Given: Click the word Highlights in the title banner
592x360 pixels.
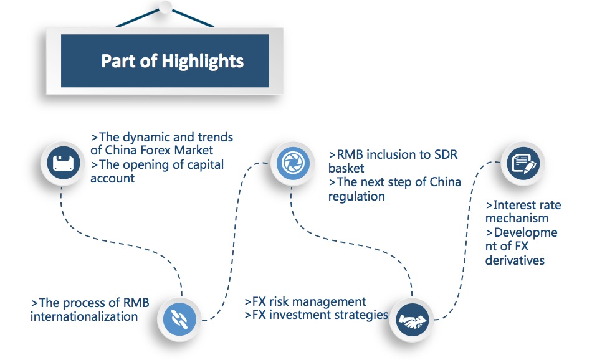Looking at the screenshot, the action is (203, 62).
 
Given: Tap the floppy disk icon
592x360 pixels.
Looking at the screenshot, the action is (64, 163).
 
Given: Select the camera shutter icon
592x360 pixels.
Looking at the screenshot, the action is (293, 163).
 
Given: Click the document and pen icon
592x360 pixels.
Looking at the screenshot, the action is (523, 163).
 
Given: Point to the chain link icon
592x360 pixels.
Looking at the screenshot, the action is (179, 319).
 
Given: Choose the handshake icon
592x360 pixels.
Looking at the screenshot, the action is (413, 321).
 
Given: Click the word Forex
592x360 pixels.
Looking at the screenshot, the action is (156, 150).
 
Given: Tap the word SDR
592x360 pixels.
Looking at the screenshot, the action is (446, 154).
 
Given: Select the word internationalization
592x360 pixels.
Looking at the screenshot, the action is (84, 316).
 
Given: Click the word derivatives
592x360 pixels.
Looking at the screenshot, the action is (515, 260).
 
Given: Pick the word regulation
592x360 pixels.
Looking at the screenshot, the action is (356, 197).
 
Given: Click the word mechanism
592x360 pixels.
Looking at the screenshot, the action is (517, 218).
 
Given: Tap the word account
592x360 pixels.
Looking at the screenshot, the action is (113, 178).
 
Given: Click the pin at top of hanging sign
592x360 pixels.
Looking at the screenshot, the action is (165, 7).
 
